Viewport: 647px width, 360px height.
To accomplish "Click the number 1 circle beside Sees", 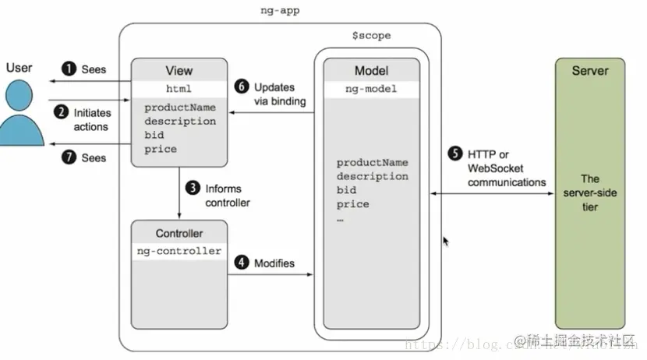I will click(x=70, y=69).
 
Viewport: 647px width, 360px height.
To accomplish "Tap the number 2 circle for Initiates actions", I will click(x=62, y=111).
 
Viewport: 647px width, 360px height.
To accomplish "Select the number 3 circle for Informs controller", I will click(x=192, y=188).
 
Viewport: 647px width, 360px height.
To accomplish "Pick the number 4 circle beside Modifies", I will click(x=242, y=263).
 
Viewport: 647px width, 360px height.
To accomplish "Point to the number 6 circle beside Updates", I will click(x=242, y=87).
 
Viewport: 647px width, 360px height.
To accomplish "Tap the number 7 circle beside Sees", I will click(x=70, y=157).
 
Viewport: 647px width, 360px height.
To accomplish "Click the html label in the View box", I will click(x=179, y=88).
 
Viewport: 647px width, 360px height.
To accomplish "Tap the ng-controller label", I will click(x=179, y=251).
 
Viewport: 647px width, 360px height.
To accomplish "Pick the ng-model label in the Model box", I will click(x=371, y=89).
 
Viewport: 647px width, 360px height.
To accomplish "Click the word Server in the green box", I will click(x=590, y=71).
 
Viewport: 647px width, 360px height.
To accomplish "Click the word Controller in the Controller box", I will click(x=179, y=233).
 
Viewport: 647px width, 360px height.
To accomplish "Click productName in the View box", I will click(x=180, y=108).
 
